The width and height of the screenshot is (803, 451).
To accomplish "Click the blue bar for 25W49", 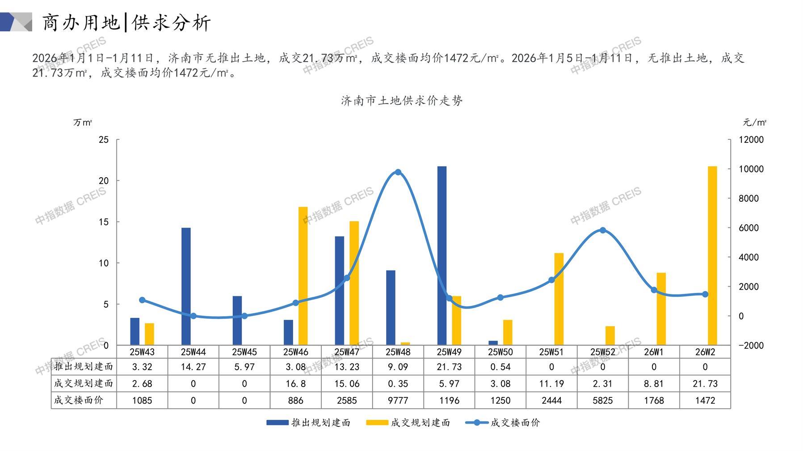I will click(441, 255).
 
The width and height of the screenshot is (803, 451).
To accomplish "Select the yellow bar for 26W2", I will click(712, 255).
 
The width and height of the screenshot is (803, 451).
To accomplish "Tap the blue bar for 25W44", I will click(186, 286).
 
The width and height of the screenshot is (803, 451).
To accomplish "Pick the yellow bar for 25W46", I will click(303, 276).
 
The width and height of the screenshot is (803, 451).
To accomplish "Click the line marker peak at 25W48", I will click(398, 172).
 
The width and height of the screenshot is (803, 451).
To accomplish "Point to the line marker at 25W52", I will click(603, 230).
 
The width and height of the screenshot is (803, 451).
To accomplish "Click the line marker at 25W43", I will click(142, 300).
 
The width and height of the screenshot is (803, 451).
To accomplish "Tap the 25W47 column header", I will click(347, 352).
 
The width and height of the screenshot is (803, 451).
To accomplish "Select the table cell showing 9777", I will click(398, 401).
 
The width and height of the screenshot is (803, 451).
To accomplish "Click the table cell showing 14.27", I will click(193, 367).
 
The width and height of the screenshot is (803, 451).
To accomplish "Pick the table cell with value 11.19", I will click(551, 384).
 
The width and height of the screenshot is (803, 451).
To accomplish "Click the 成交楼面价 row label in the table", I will click(79, 401).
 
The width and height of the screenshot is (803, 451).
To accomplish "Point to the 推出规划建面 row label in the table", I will click(84, 367).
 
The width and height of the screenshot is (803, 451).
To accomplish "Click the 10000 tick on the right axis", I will click(751, 169).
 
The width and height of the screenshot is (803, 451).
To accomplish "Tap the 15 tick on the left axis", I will click(104, 222).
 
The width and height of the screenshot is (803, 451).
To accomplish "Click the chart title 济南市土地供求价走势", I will click(402, 100).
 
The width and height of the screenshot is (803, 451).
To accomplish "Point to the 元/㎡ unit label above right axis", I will click(754, 122).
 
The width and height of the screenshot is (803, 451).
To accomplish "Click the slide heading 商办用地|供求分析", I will click(126, 22).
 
